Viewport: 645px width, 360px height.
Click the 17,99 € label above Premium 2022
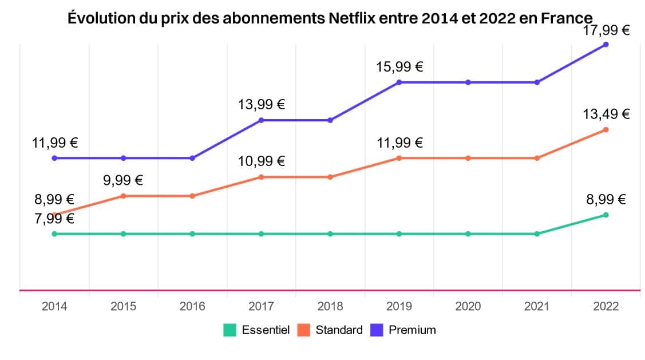pos(606,30)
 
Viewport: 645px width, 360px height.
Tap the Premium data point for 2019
pos(399,82)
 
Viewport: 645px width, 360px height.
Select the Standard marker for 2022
pos(606,129)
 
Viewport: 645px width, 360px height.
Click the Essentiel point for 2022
pos(606,215)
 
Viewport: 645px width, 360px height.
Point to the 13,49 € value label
pos(606,114)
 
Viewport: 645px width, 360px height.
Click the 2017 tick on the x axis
pos(261,306)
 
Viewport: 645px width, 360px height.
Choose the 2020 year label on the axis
pos(468,306)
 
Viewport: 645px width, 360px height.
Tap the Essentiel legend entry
pos(257,330)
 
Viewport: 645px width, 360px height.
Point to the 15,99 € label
pos(399,67)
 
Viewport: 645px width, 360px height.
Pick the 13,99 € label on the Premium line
pos(261,105)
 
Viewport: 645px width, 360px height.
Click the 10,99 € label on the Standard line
pos(261,161)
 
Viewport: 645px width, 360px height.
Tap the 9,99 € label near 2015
pos(123,180)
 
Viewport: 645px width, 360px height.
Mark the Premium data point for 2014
pos(54,158)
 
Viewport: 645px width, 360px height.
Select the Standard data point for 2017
pos(261,177)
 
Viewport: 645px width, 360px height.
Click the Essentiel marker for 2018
pos(330,234)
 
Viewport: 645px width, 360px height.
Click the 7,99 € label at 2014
pos(54,218)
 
